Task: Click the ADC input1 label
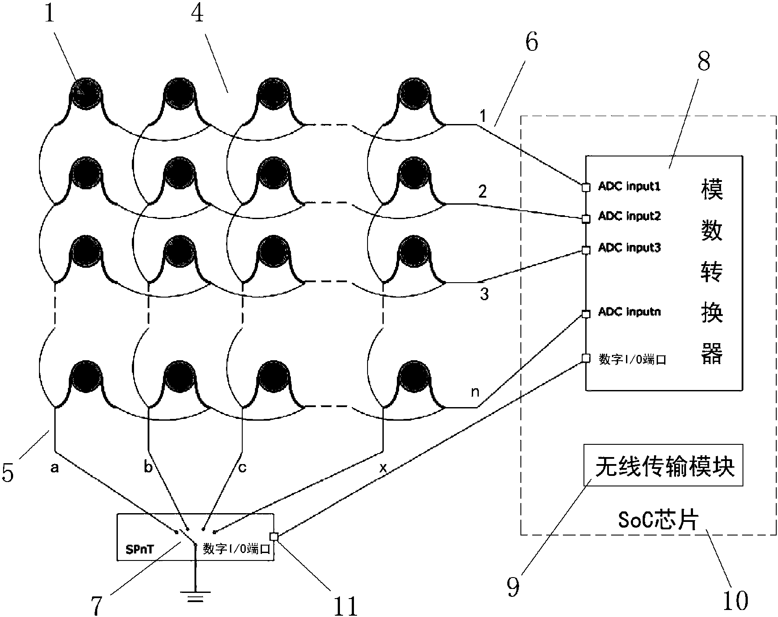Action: coord(629,187)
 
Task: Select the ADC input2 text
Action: coord(629,216)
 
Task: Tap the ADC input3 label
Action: coord(629,248)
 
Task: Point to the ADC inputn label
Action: coord(629,312)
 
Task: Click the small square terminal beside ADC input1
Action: coord(586,188)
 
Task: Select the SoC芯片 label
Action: coord(658,520)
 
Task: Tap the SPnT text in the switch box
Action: coord(139,549)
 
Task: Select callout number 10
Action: coord(735,600)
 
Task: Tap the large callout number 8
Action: coord(704,62)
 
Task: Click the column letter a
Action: coord(54,468)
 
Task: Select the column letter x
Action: coord(382,468)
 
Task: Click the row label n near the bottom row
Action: coord(475,391)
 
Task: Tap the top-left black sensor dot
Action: coord(86,93)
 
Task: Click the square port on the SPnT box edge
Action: coord(274,536)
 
